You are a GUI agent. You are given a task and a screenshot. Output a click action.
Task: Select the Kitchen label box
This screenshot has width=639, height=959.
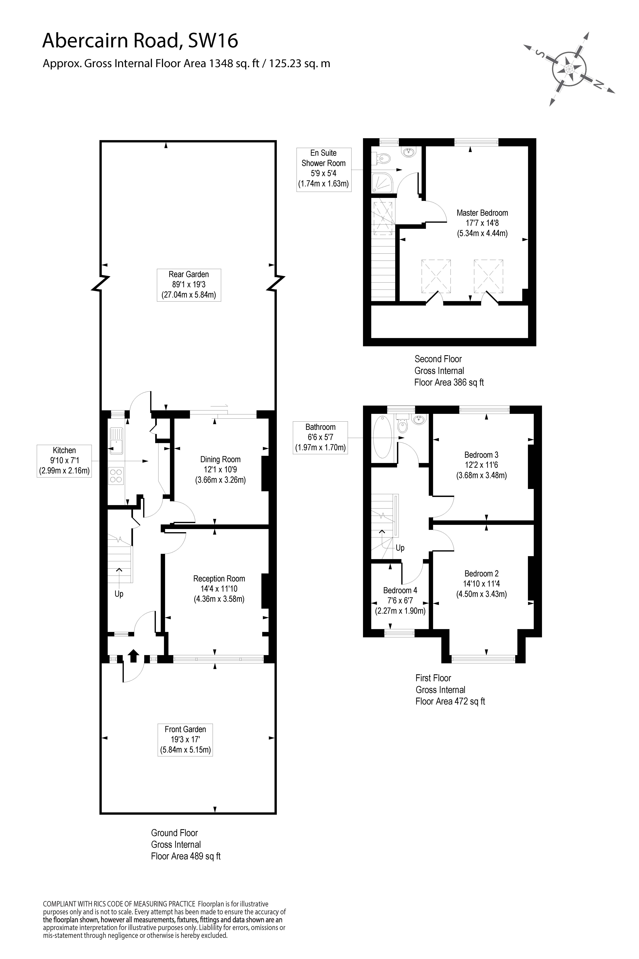[x=64, y=461]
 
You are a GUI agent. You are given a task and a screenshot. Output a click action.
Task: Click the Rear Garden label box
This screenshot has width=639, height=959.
[x=189, y=285]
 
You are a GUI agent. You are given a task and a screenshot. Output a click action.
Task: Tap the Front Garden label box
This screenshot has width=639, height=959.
[x=185, y=740]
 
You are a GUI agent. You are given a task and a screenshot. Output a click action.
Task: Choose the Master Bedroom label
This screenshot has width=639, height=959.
[x=482, y=213]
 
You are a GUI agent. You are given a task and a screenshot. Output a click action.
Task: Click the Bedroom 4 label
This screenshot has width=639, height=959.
[x=400, y=590]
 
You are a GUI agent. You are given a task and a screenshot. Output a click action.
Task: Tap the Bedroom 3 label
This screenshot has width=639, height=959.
[x=481, y=455]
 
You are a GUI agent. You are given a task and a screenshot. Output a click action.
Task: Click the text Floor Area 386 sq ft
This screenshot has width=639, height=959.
[x=449, y=382]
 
